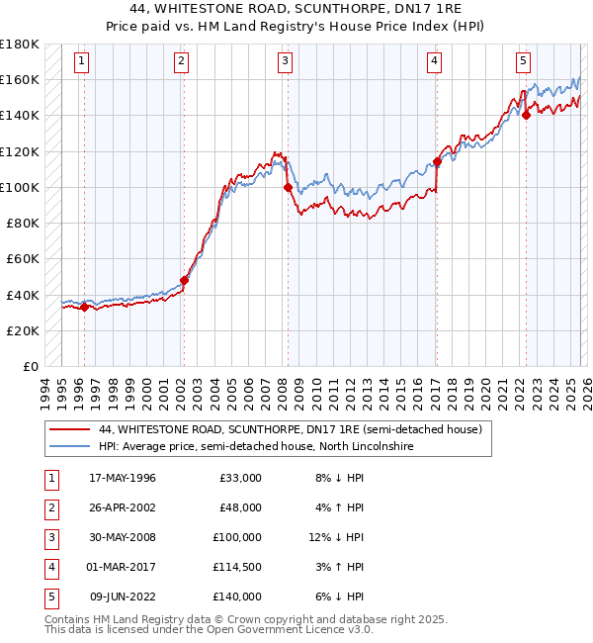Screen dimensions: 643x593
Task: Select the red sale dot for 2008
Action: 288,187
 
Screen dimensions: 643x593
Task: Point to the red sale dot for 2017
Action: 437,161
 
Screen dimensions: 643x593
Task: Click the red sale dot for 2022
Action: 526,115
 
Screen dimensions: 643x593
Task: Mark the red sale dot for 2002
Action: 184,280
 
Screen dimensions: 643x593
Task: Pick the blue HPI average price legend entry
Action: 255,447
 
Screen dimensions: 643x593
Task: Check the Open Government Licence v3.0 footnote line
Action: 196,629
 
